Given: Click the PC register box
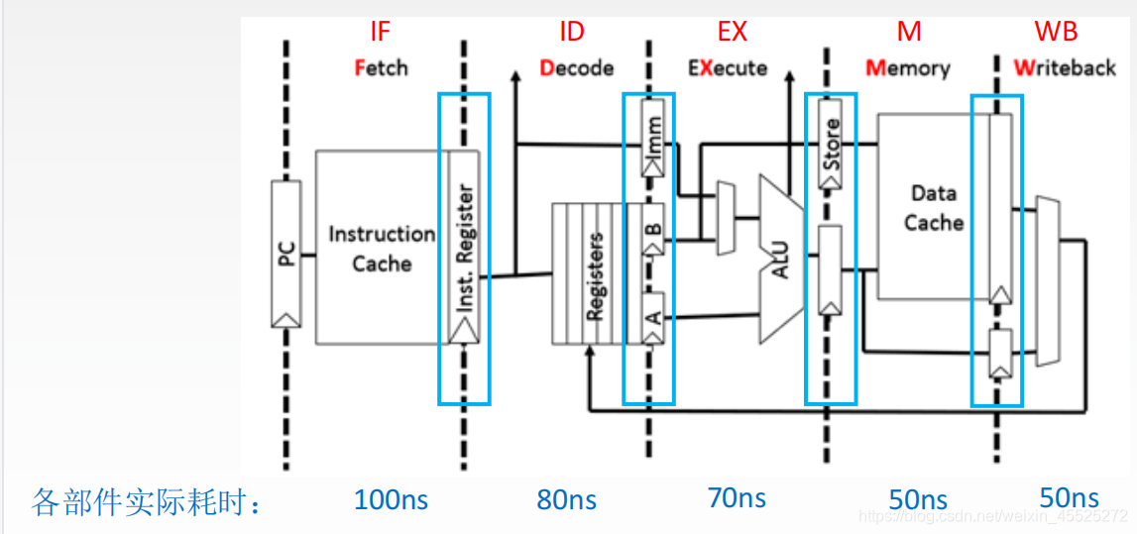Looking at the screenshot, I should tap(285, 254).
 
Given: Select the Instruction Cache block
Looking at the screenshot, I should tap(382, 248).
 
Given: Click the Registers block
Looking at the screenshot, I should tap(590, 273).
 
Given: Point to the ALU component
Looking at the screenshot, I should tap(781, 255).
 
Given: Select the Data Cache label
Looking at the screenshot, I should tap(933, 208).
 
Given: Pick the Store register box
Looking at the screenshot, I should tap(831, 144).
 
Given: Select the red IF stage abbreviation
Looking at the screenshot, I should tap(380, 32).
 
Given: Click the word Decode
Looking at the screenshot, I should tap(577, 68).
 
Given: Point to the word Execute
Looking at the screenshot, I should tap(729, 68).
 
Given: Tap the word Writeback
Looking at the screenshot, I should tap(1065, 68).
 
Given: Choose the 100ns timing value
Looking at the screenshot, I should tap(391, 498).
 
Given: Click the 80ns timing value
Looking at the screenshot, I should tap(566, 499).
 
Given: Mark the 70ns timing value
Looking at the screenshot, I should tap(736, 498).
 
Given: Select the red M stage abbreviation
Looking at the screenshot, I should tap(909, 32).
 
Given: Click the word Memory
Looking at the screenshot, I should tap(908, 68).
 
